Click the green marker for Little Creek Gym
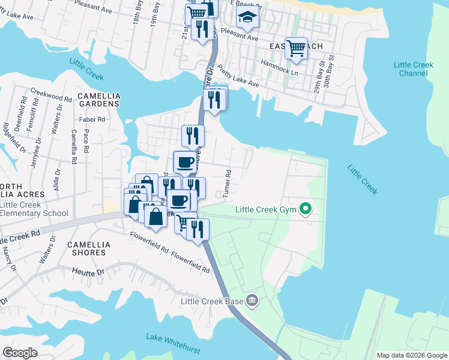[306, 209]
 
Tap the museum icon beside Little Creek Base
[252, 299]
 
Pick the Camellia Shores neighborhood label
[86, 248]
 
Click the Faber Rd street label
[92, 119]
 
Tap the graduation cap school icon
[246, 19]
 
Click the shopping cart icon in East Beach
[296, 48]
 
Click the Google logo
[20, 352]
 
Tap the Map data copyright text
[411, 355]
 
